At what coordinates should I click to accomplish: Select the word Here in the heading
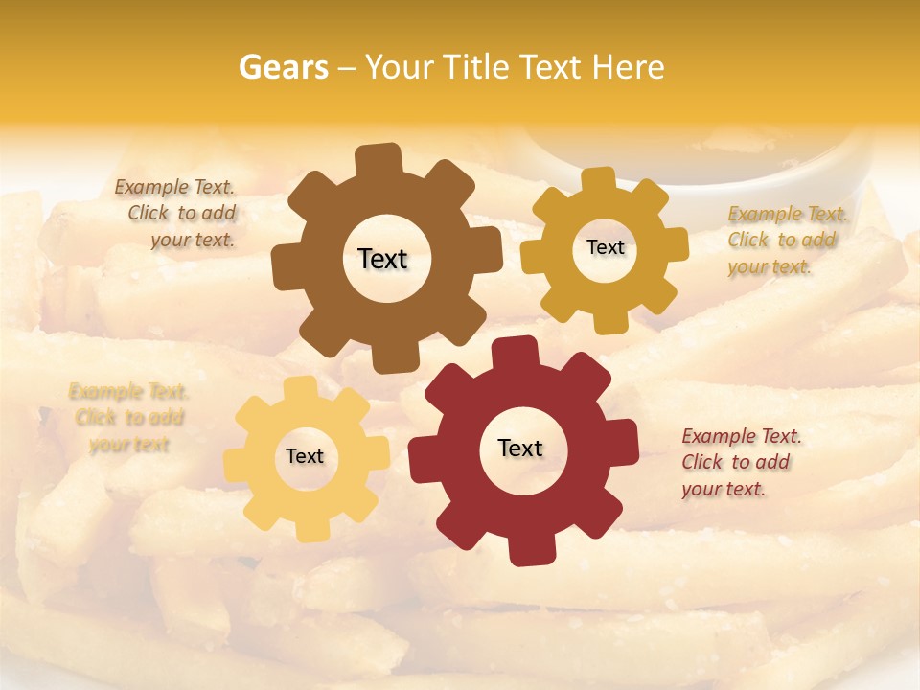coord(628,67)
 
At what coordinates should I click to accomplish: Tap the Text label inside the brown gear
coord(382,259)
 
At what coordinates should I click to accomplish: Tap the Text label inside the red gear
coord(520,448)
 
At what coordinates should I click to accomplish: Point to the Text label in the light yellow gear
coord(305,457)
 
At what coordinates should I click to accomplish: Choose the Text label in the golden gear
coord(605,247)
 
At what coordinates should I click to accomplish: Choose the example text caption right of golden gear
coord(786,240)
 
